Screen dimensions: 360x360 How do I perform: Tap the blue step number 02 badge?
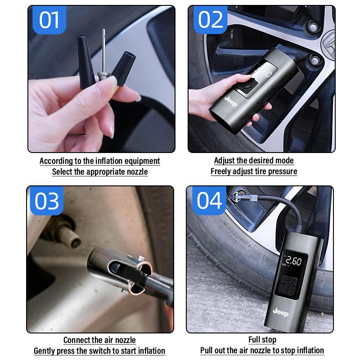click(210, 20)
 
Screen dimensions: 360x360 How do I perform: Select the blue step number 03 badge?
click(47, 201)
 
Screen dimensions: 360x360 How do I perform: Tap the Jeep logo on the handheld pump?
click(231, 101)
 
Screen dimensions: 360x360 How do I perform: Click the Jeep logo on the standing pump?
click(281, 312)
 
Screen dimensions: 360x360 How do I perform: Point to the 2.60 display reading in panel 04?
click(293, 261)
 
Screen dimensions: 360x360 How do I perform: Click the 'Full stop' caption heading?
click(262, 340)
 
